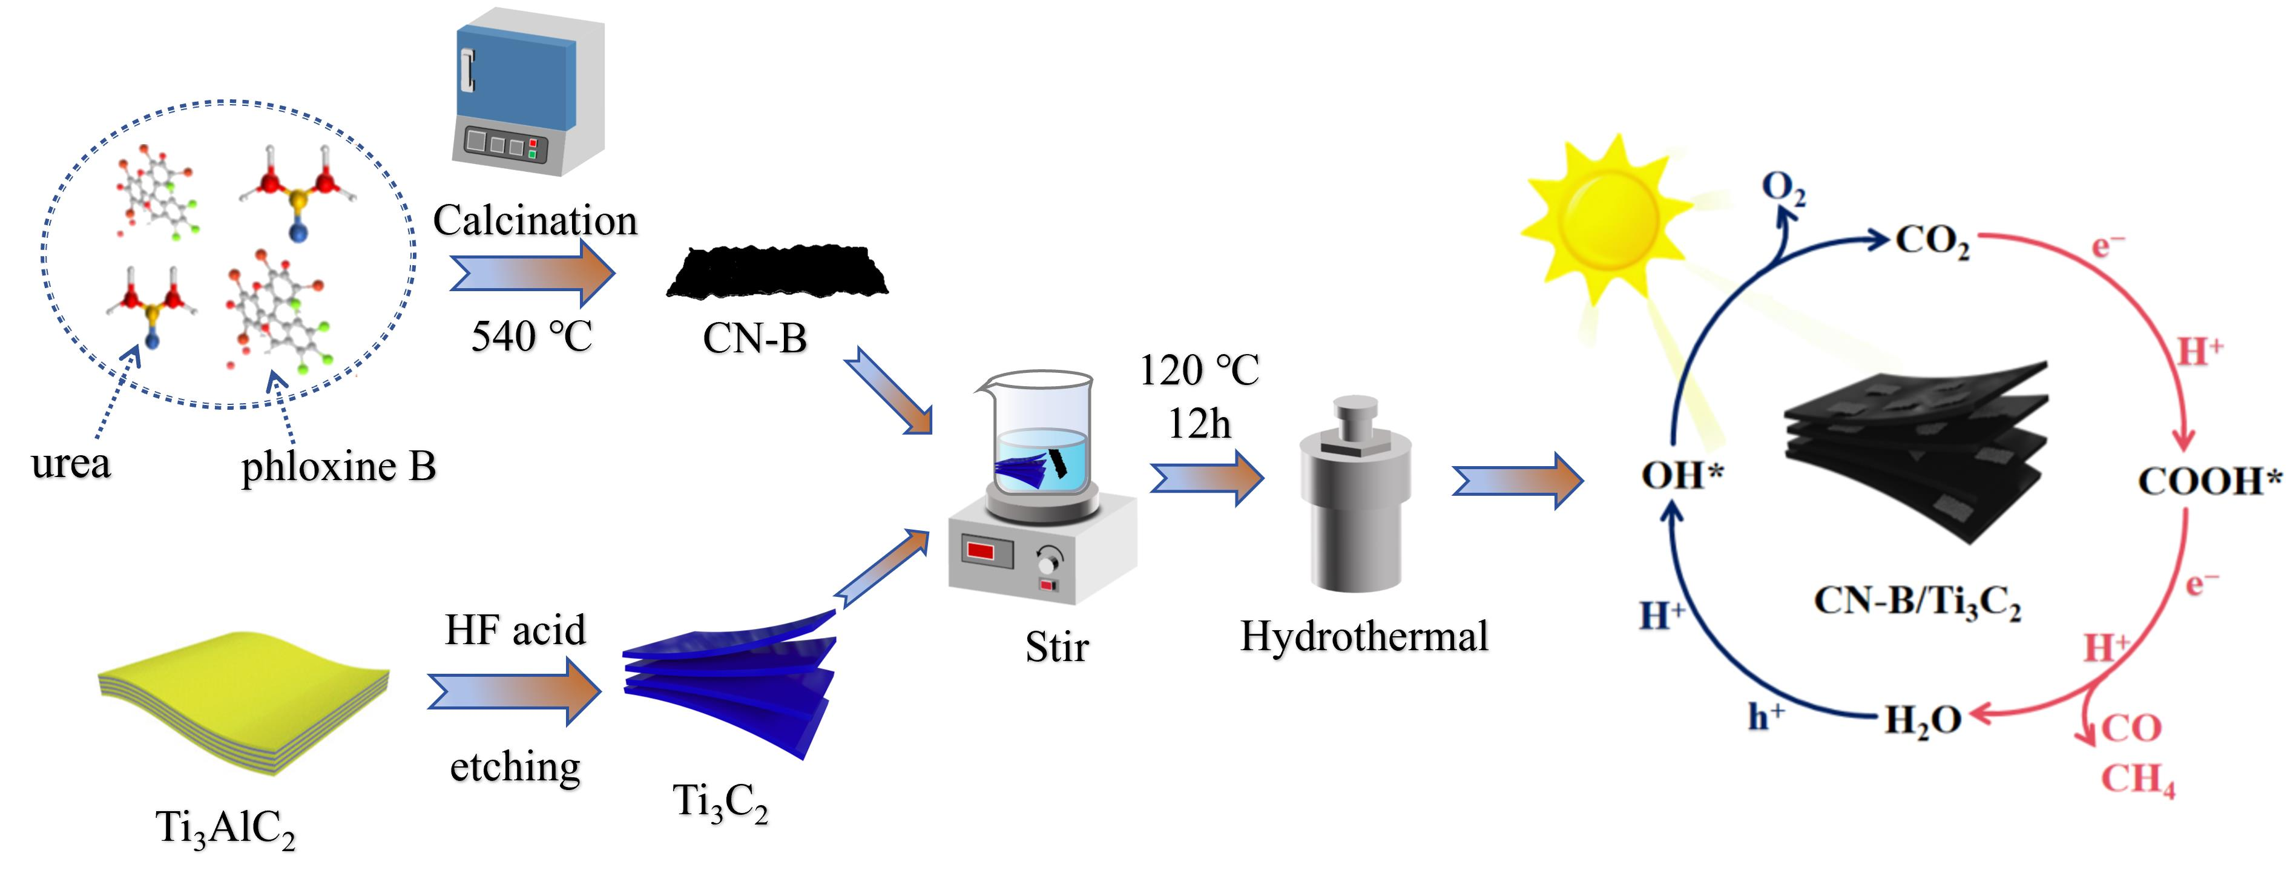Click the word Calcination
[535, 220]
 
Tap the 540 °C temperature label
[531, 336]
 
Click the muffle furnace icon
[527, 93]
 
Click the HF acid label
[516, 630]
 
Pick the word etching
[516, 766]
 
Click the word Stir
[1056, 647]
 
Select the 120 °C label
[1199, 370]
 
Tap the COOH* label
[2209, 482]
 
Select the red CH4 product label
[2137, 779]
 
